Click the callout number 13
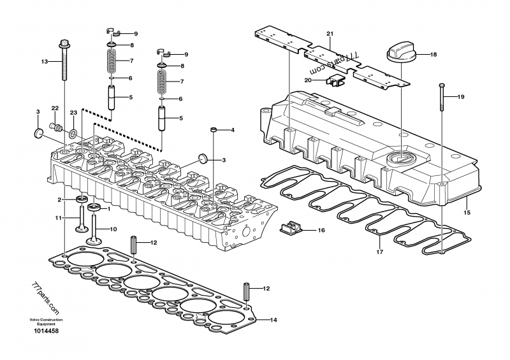coord(45,62)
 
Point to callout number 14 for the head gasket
coord(273,319)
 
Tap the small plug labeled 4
coord(215,131)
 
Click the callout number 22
coord(55,108)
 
